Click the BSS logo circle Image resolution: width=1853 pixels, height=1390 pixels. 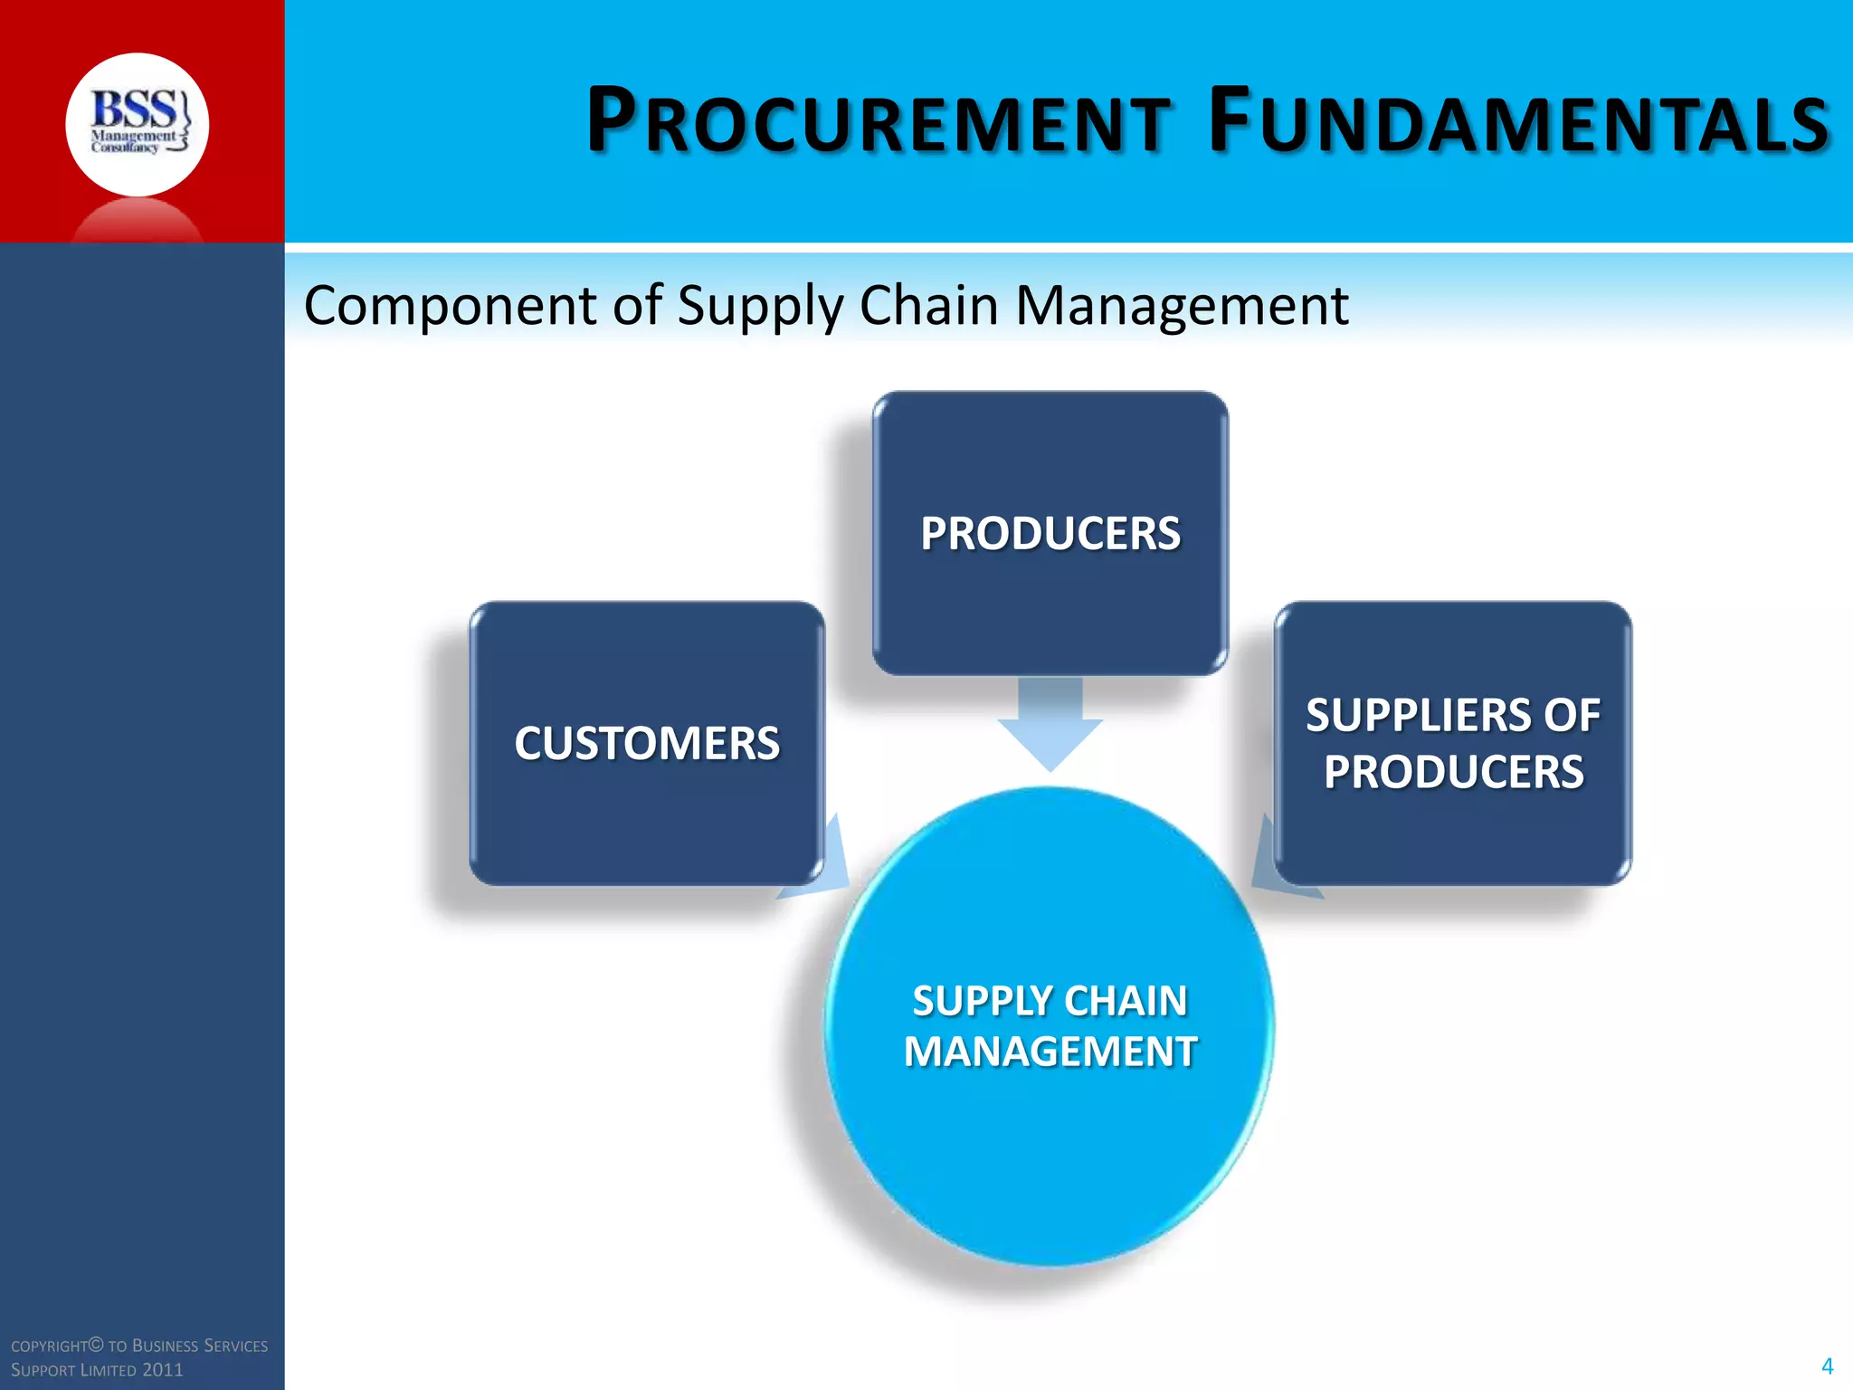(x=137, y=125)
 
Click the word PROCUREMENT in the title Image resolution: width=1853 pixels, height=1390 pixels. (x=878, y=121)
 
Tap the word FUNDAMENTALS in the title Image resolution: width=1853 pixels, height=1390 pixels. (x=1520, y=121)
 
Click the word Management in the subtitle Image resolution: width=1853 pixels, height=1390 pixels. (x=1182, y=306)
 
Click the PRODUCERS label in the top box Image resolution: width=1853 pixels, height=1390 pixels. (x=1050, y=534)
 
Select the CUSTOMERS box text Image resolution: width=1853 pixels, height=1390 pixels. (x=647, y=744)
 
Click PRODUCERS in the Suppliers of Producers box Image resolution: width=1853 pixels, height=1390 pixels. (x=1453, y=773)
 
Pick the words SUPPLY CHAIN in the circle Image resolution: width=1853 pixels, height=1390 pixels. (x=1050, y=1001)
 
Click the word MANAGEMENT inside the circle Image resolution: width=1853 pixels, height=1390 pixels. (x=1050, y=1052)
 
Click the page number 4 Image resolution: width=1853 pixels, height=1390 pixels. (x=1827, y=1366)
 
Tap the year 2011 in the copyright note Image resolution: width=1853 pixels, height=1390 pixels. (x=163, y=1370)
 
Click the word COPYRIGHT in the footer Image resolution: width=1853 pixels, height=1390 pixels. (x=51, y=1347)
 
